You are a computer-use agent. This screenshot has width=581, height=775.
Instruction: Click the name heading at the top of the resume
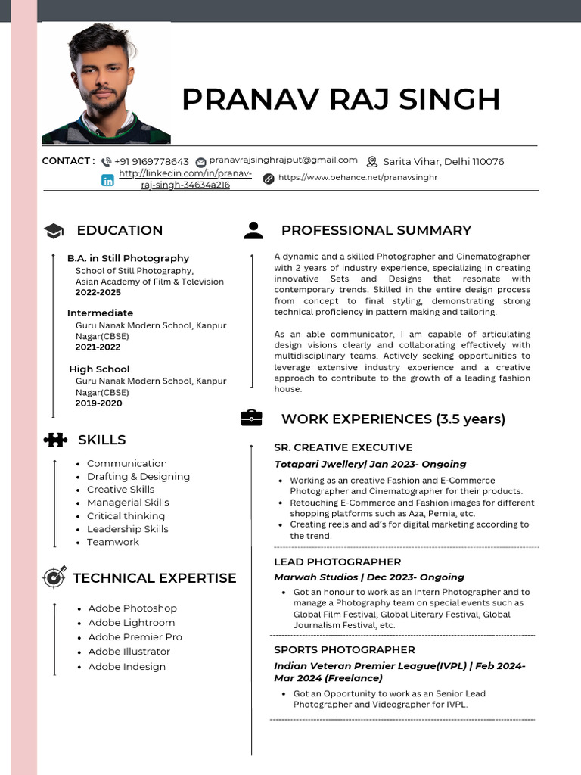(341, 99)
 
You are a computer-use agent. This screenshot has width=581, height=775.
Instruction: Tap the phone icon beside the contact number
(106, 162)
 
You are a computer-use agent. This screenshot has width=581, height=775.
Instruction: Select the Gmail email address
(283, 160)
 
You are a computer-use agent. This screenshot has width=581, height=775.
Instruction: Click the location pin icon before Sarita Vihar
(371, 162)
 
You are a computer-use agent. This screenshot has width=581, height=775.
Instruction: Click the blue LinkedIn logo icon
(108, 180)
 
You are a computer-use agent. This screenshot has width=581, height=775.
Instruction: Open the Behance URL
(358, 178)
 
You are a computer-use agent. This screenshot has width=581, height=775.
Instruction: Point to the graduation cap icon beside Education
(54, 231)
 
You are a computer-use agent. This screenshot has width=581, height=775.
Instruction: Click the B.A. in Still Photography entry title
(128, 258)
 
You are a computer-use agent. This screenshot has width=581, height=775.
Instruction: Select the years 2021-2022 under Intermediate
(98, 347)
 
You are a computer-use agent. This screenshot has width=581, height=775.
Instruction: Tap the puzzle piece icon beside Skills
(54, 440)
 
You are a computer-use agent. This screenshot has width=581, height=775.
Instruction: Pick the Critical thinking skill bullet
(126, 516)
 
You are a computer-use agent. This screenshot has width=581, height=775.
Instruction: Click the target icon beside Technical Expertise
(54, 577)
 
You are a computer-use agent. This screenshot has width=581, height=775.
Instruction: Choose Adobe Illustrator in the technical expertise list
(129, 652)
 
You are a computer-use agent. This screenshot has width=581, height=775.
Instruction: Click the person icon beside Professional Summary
(253, 231)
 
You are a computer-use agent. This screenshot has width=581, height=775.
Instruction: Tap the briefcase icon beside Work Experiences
(252, 419)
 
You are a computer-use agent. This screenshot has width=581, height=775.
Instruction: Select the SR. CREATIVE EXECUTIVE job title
(343, 447)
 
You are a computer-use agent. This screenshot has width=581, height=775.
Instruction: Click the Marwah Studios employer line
(369, 577)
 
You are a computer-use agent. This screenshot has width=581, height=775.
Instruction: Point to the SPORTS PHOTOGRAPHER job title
(344, 649)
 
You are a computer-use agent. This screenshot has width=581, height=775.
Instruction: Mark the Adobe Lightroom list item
(132, 623)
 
